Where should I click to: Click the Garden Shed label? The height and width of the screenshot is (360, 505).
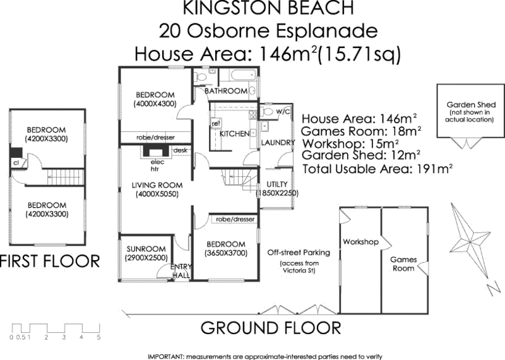point(470,104)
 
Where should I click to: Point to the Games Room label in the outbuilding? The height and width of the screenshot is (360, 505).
point(402,264)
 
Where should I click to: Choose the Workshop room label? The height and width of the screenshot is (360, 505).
point(360,242)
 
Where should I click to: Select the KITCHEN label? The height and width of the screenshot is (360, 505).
point(232,135)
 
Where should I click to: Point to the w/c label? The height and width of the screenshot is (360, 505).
point(283,112)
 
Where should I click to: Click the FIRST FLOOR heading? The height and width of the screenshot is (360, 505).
point(50,261)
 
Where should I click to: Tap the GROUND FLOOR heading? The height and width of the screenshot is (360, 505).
point(271,328)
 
